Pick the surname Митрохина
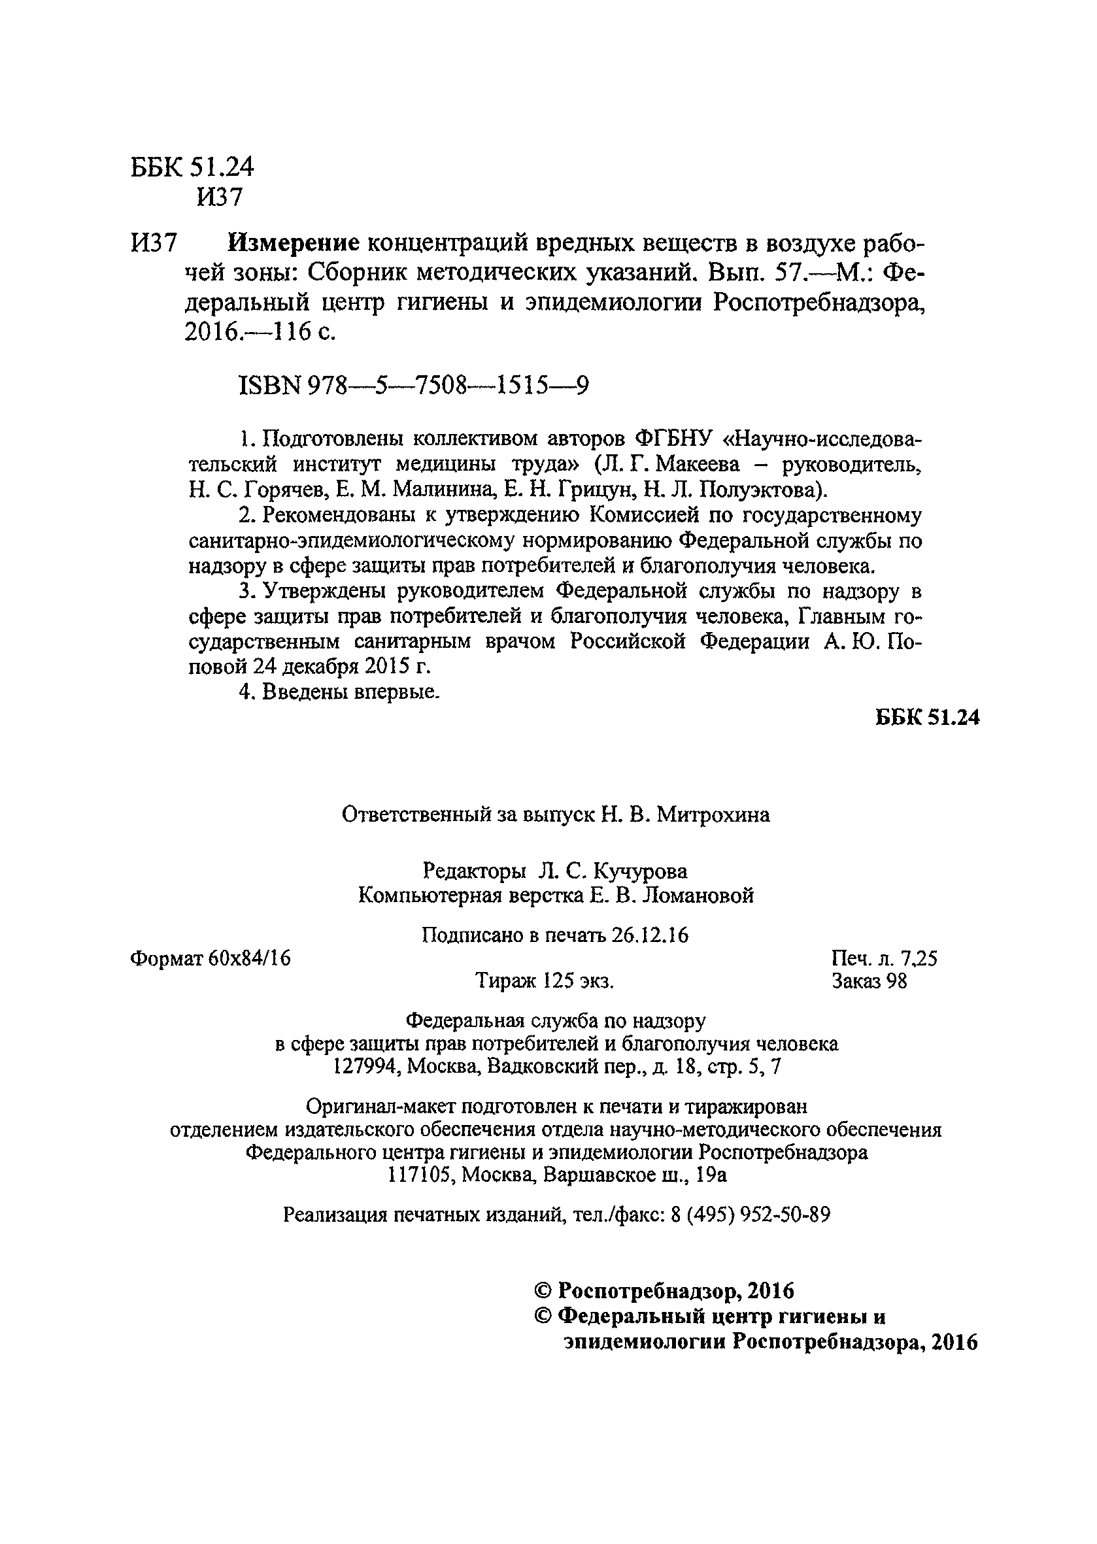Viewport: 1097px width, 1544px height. (x=713, y=816)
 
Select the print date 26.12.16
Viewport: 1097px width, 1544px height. (x=650, y=935)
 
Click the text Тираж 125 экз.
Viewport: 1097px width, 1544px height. (x=545, y=981)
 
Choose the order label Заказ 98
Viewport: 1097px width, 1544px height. (x=869, y=981)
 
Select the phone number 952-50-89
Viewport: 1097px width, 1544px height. (x=786, y=1215)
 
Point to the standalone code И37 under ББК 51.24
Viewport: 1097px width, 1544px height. (x=219, y=197)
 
